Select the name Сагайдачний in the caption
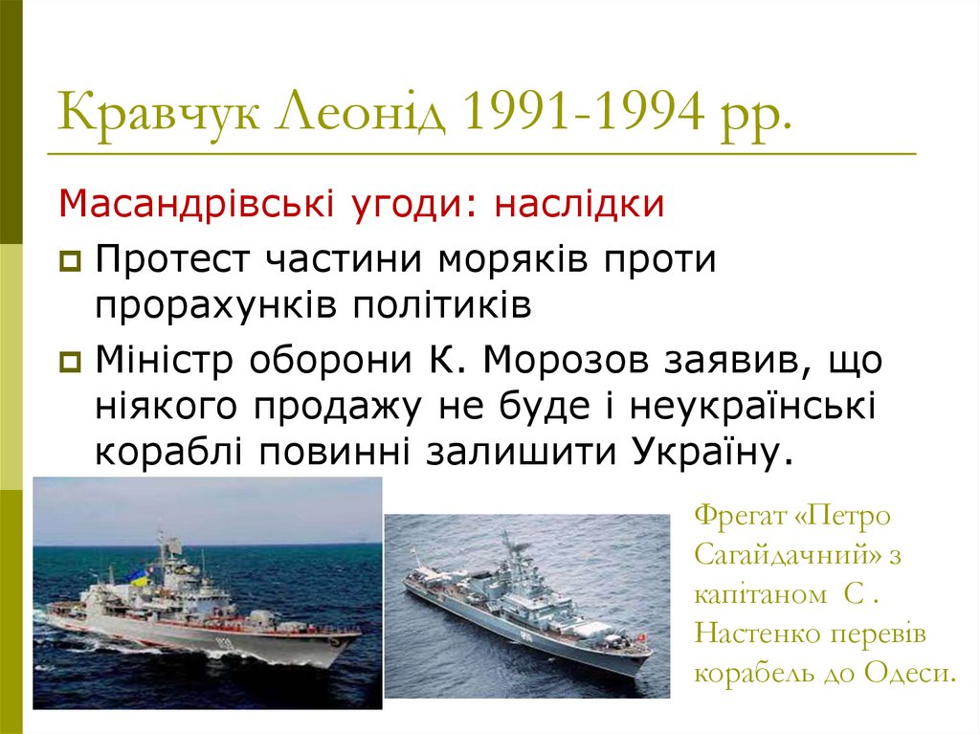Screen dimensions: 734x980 tap(779, 555)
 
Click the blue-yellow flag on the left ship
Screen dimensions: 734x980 tap(139, 576)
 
